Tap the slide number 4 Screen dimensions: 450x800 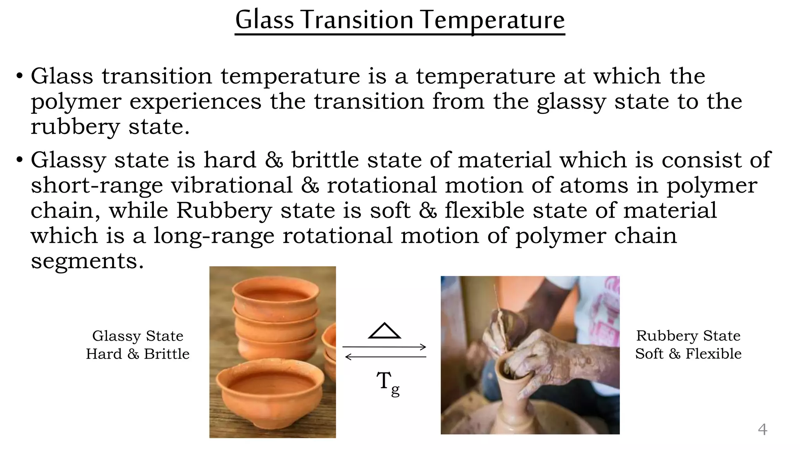[762, 429]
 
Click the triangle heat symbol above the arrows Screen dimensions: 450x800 [384, 331]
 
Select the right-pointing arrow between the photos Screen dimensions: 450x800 [384, 346]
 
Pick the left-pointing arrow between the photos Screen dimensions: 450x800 [386, 357]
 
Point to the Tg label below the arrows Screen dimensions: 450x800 [388, 383]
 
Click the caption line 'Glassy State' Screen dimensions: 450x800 [137, 336]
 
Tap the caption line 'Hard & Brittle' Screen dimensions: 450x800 [137, 354]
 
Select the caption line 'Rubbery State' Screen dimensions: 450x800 [688, 336]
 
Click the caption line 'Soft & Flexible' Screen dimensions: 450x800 [688, 354]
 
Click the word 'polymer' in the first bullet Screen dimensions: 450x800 [76, 102]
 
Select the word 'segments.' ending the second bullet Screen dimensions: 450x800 [87, 261]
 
